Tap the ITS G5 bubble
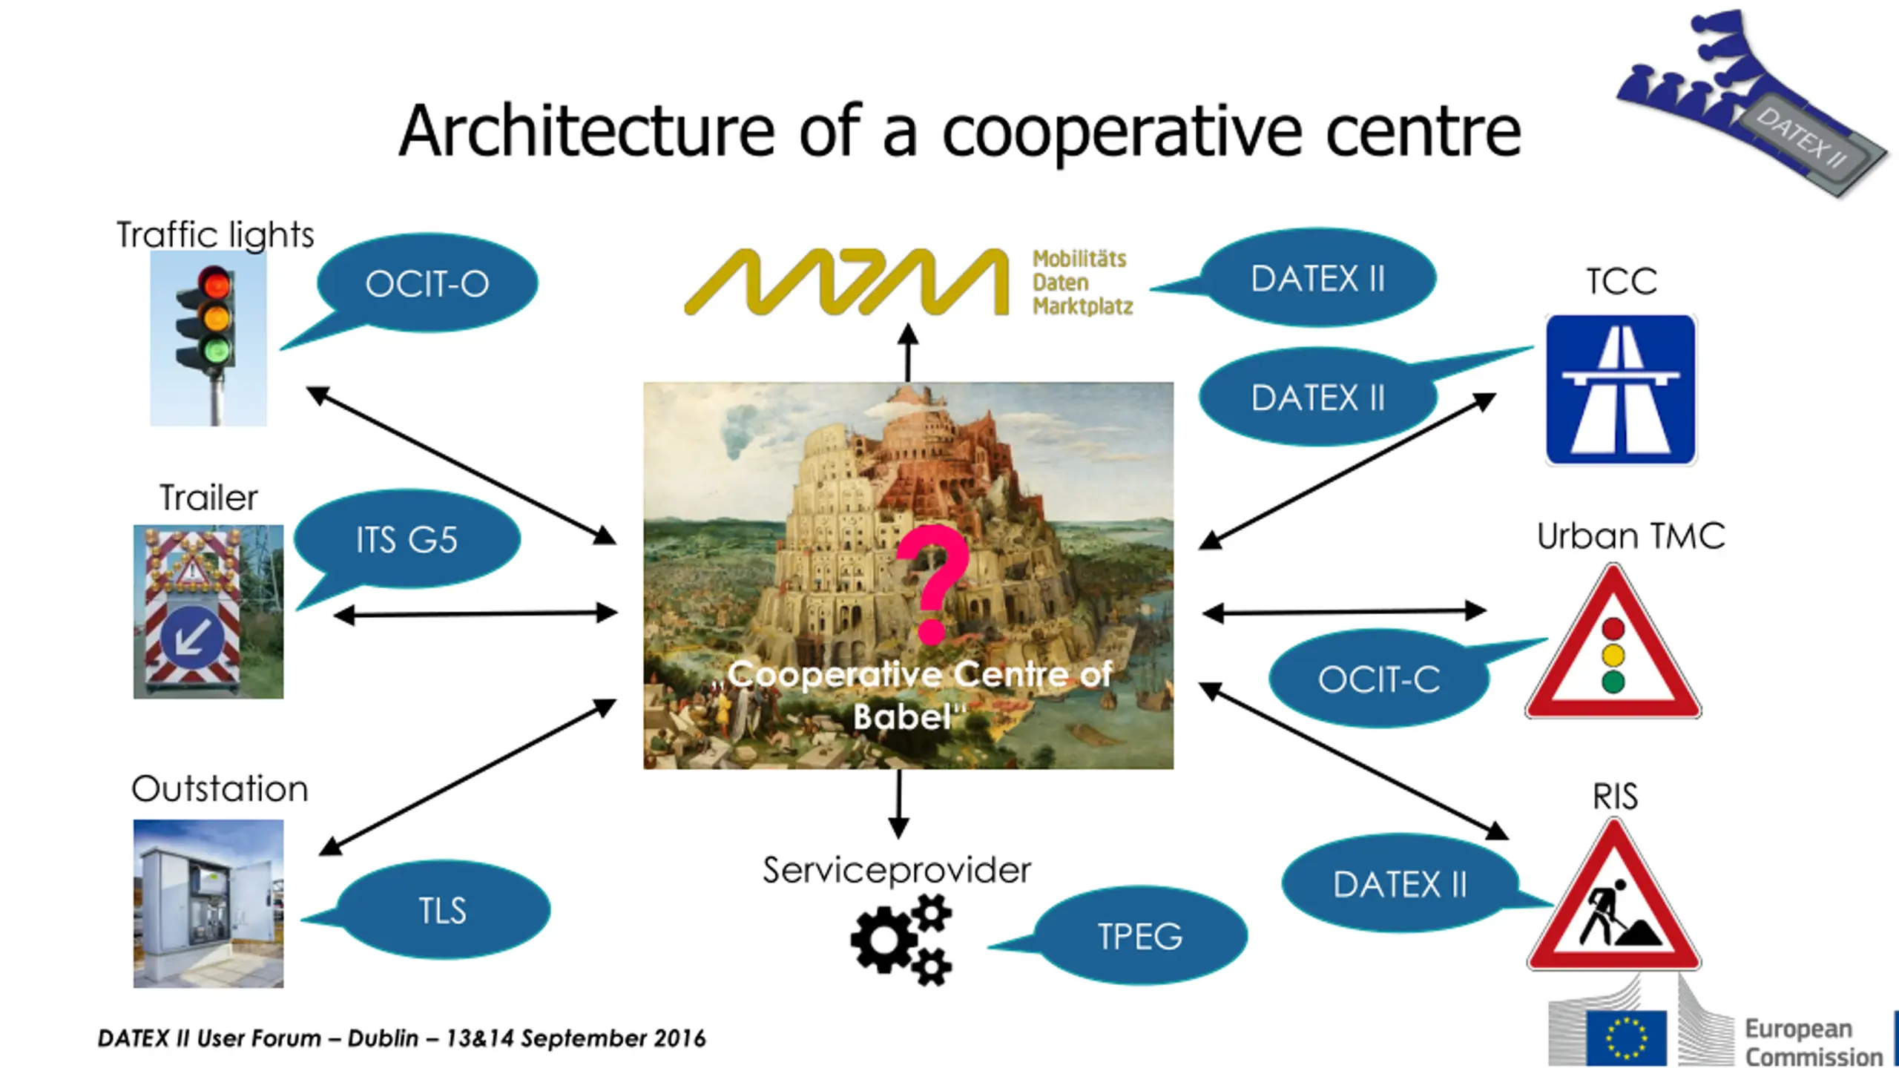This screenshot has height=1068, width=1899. point(407,539)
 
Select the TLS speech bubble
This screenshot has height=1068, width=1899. point(443,910)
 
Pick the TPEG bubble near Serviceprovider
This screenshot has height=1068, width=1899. point(1140,936)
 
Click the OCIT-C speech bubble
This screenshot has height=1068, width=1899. point(1379,679)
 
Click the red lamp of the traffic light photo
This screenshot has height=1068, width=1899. point(217,284)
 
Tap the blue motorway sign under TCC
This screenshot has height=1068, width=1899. point(1621,389)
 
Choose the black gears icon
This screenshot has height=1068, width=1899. point(901,940)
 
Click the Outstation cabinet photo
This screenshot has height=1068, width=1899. point(208,903)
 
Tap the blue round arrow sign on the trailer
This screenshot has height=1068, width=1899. point(191,635)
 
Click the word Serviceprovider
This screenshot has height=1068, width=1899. point(897,870)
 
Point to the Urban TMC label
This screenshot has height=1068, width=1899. point(1630,536)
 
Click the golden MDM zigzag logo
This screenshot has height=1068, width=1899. point(846,282)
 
